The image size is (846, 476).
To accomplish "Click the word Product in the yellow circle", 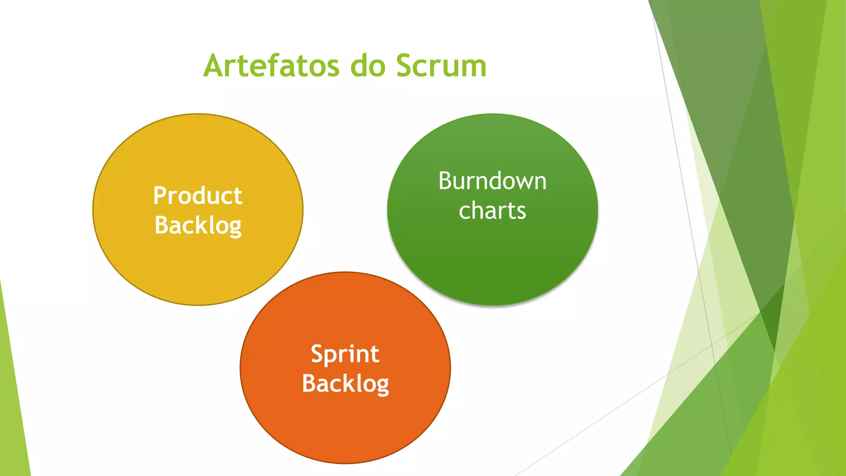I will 198,195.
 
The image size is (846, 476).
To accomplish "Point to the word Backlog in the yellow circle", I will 198,226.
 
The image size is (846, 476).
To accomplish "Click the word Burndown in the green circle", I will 492,181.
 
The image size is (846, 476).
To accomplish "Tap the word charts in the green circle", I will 492,211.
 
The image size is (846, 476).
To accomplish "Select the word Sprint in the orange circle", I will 345,354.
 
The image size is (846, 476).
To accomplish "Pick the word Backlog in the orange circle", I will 345,384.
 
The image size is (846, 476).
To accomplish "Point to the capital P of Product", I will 159,195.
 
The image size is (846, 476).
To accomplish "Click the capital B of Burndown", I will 445,181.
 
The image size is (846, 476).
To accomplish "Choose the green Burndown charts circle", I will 492,264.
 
